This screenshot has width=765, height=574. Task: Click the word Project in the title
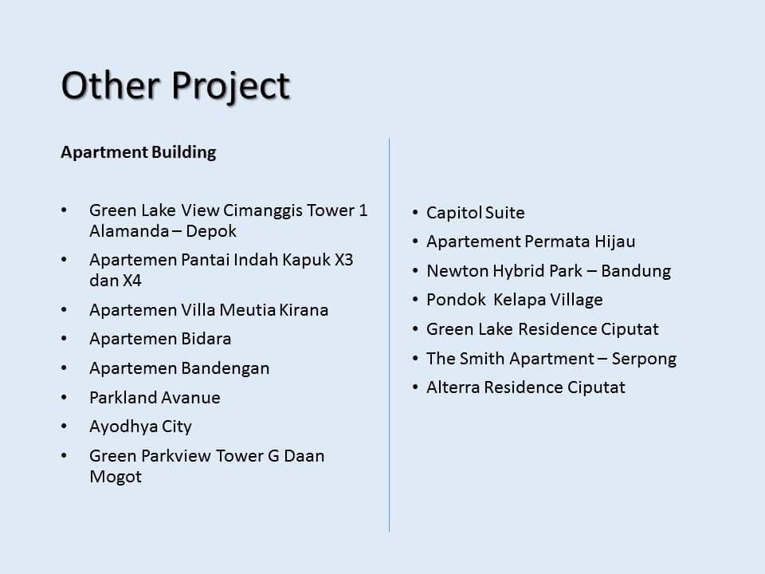click(x=231, y=87)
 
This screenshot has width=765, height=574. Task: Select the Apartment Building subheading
click(x=139, y=152)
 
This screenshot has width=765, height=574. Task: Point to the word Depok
click(x=211, y=231)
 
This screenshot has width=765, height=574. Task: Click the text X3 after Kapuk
click(x=343, y=260)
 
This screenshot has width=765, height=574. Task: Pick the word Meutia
click(x=248, y=310)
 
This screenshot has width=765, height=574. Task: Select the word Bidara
click(x=206, y=339)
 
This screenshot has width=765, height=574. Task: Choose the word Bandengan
click(x=226, y=368)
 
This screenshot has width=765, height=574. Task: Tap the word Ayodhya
click(x=124, y=427)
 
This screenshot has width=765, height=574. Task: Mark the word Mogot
click(x=116, y=477)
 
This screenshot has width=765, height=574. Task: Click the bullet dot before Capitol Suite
click(x=415, y=213)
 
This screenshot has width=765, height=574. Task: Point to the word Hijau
click(x=614, y=242)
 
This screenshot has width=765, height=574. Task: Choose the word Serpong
click(x=644, y=360)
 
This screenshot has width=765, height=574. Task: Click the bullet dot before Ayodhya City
click(x=64, y=426)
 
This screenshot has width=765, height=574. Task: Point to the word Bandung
click(x=636, y=271)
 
